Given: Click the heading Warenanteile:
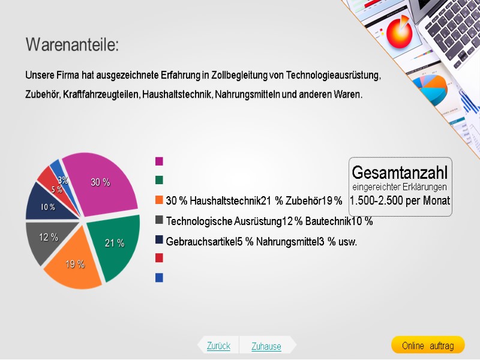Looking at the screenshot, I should pyautogui.click(x=72, y=44).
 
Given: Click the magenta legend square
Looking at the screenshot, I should pyautogui.click(x=159, y=161).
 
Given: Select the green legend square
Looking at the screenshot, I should pyautogui.click(x=159, y=180).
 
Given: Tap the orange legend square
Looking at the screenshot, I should pyautogui.click(x=159, y=200).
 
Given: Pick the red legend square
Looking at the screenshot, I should pyautogui.click(x=159, y=258).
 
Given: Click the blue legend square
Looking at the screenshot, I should pyautogui.click(x=159, y=278).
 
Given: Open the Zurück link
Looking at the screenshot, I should pyautogui.click(x=218, y=346).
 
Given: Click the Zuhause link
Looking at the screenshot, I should pyautogui.click(x=266, y=346).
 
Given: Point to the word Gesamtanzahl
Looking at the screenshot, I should pyautogui.click(x=400, y=173).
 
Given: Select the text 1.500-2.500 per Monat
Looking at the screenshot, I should pyautogui.click(x=400, y=200).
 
